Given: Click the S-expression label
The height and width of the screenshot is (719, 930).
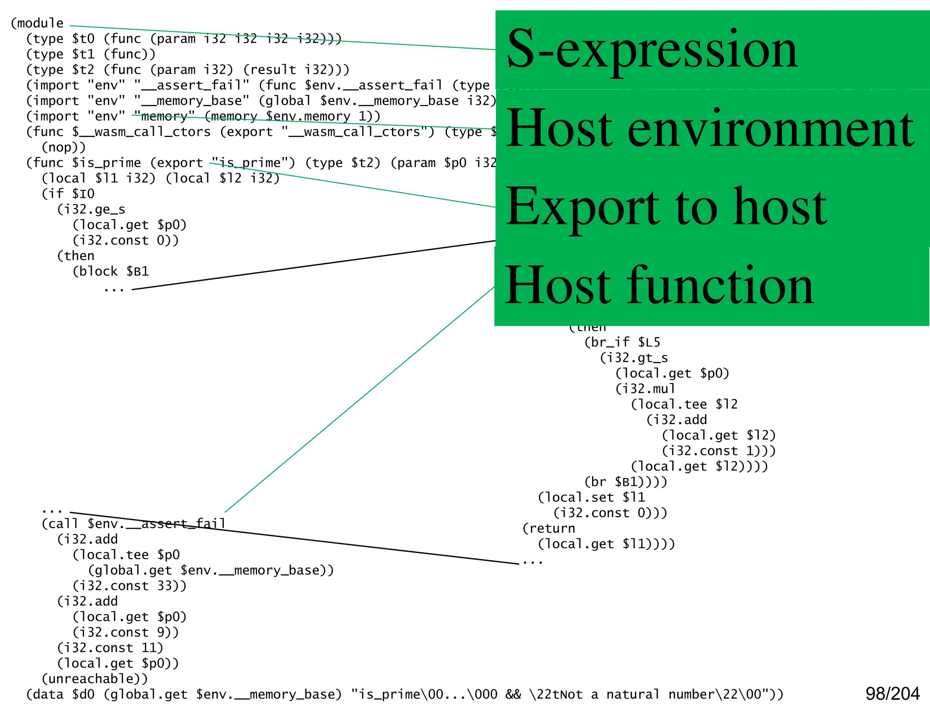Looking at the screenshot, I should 652,49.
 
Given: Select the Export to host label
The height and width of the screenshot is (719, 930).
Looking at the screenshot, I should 666,207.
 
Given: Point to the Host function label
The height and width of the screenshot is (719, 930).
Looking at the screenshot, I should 658,285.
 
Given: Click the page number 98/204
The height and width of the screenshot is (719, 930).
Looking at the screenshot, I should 892,694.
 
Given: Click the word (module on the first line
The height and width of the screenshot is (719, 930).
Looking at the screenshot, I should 37,23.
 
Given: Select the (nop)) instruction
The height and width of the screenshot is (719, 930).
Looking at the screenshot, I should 64,147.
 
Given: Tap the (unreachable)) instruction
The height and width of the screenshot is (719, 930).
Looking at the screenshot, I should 94,679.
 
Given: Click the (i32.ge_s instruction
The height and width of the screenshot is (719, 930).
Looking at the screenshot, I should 91,210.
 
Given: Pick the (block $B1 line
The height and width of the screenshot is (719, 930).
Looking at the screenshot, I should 111,271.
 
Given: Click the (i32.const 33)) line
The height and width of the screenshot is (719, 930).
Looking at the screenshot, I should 129,586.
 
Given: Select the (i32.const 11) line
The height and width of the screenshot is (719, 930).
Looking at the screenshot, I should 110,648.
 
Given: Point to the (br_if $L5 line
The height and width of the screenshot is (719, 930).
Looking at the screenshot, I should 622,342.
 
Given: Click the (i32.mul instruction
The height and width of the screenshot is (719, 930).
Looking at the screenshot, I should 645,389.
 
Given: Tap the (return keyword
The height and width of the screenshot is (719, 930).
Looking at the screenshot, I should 549,529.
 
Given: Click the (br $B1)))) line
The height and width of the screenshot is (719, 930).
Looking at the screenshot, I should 626,482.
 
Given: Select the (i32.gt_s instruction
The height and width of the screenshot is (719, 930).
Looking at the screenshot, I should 634,358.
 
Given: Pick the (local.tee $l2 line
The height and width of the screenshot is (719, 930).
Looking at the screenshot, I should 684,404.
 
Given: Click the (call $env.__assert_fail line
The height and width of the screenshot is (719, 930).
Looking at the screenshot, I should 134,524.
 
